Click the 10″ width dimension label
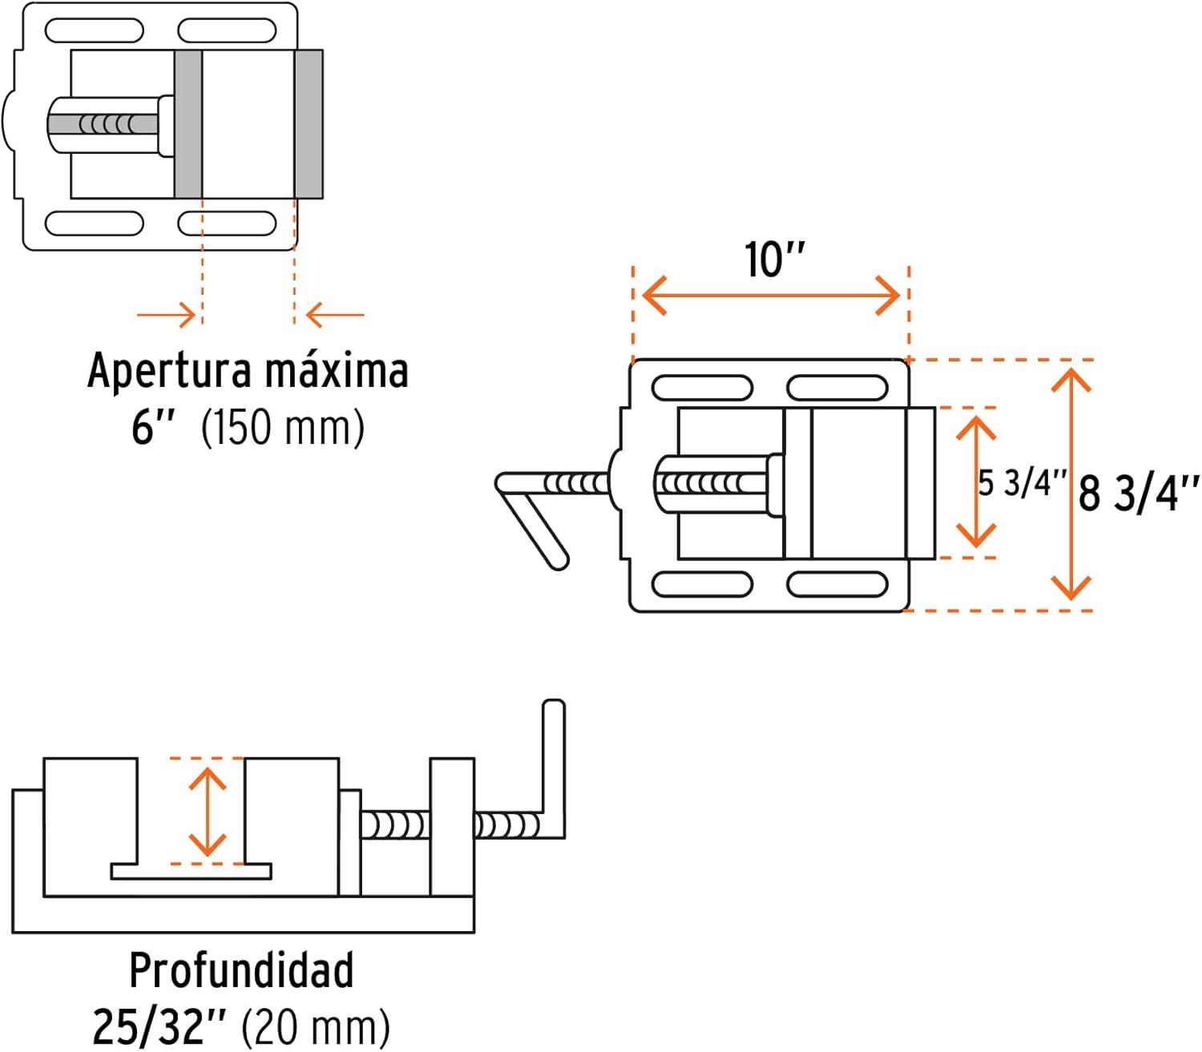pyautogui.click(x=773, y=260)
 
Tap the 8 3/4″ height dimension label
pyautogui.click(x=1138, y=492)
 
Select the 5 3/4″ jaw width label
pyautogui.click(x=1022, y=483)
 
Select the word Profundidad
pyautogui.click(x=241, y=971)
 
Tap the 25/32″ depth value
pyautogui.click(x=160, y=1026)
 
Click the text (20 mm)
pyautogui.click(x=316, y=1026)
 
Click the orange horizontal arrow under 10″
pyautogui.click(x=771, y=296)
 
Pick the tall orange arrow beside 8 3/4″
pyautogui.click(x=1071, y=484)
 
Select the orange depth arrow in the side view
pyautogui.click(x=208, y=811)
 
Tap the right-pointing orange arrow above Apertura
pyautogui.click(x=167, y=315)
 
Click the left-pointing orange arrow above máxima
pyautogui.click(x=335, y=315)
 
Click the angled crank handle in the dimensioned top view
pyautogui.click(x=533, y=519)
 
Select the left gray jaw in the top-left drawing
pyautogui.click(x=188, y=124)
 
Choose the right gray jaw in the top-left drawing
pyautogui.click(x=309, y=124)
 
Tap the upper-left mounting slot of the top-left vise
pyautogui.click(x=94, y=31)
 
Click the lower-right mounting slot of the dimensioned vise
pyautogui.click(x=837, y=584)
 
